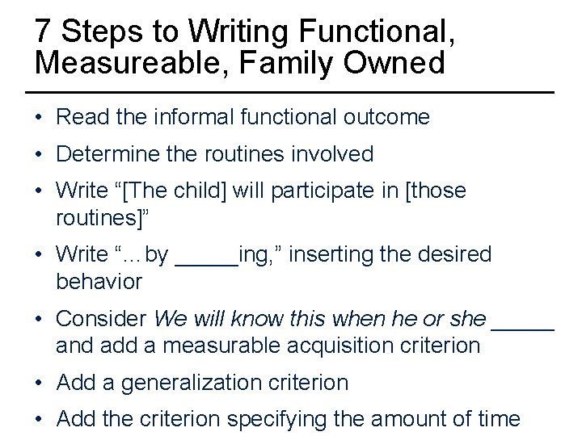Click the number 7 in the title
pyautogui.click(x=44, y=31)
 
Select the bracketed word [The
pyautogui.click(x=142, y=191)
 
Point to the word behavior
pyautogui.click(x=99, y=282)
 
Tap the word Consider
pyautogui.click(x=101, y=319)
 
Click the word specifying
pyautogui.click(x=280, y=420)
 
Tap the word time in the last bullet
pyautogui.click(x=498, y=420)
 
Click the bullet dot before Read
pyautogui.click(x=39, y=118)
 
